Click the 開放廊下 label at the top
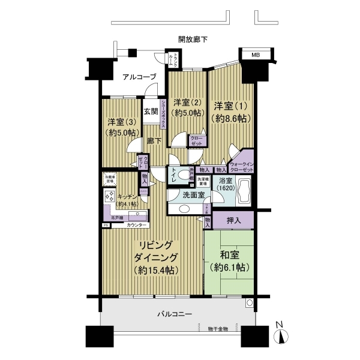click(x=193, y=39)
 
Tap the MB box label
click(x=256, y=56)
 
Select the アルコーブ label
click(x=139, y=77)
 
